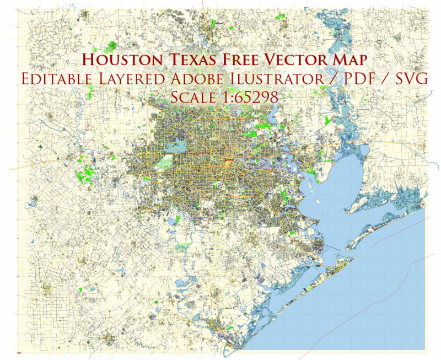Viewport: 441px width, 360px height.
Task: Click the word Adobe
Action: click(197, 79)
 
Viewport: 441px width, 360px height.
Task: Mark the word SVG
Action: click(408, 79)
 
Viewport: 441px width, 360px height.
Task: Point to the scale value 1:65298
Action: click(253, 97)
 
